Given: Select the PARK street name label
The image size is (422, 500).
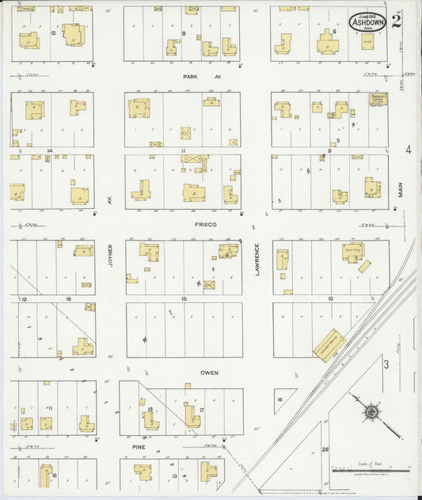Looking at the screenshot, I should [x=188, y=77].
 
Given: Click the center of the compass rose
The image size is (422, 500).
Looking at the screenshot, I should [x=370, y=413].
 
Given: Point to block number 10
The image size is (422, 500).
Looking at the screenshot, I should [x=329, y=299].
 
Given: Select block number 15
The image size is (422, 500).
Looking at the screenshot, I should [x=183, y=299].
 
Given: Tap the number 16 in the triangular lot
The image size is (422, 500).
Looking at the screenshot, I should [x=279, y=400].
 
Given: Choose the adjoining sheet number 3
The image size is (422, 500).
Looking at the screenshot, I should [x=386, y=364].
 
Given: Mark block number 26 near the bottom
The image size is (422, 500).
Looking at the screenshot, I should [x=325, y=450].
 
